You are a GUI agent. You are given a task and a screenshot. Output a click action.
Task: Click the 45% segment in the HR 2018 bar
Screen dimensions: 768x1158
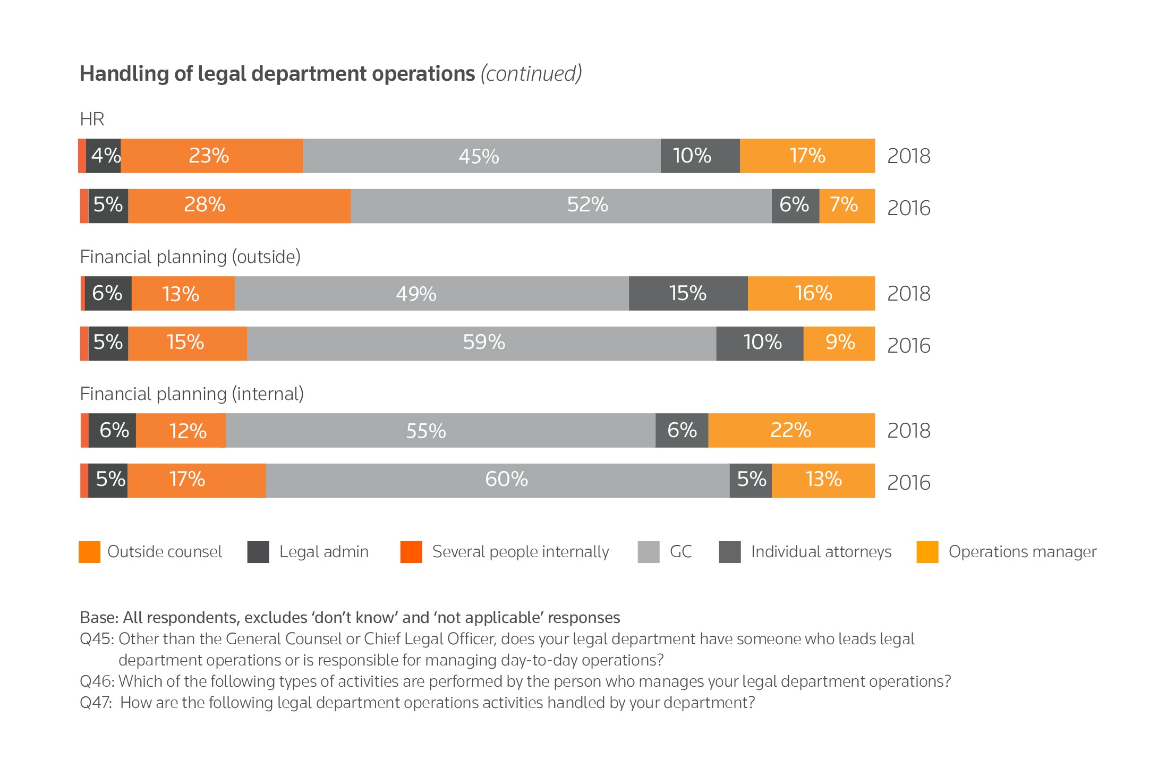[x=481, y=156]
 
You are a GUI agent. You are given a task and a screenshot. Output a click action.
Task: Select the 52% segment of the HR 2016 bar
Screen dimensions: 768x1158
[x=561, y=206]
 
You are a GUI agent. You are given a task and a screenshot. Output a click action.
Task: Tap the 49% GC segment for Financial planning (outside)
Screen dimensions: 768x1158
[x=431, y=293]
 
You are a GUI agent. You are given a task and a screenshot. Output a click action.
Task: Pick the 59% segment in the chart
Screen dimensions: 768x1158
[x=481, y=344]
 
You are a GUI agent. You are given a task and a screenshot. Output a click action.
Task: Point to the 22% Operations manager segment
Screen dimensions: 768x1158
[x=791, y=430]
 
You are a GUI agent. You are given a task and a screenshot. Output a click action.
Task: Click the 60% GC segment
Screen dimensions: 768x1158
[x=498, y=481]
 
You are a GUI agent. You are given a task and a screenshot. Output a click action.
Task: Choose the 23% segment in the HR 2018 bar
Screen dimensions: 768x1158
[x=211, y=156]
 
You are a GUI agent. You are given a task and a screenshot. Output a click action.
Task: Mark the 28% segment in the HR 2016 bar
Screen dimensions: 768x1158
[x=239, y=206]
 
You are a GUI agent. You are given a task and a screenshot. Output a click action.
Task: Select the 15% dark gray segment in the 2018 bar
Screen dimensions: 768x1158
[x=688, y=293]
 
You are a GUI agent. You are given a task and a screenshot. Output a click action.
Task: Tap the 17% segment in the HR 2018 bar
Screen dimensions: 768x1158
[x=807, y=156]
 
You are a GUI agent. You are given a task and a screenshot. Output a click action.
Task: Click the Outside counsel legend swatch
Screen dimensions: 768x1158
[x=89, y=552]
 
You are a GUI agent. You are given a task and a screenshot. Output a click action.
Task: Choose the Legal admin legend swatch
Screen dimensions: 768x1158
[x=258, y=552]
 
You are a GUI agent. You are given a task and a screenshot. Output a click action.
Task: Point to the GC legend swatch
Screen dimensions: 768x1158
[x=648, y=552]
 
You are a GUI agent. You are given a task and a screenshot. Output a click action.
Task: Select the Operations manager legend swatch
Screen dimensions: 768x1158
[x=927, y=552]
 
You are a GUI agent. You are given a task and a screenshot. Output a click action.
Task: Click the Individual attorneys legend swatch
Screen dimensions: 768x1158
[x=729, y=552]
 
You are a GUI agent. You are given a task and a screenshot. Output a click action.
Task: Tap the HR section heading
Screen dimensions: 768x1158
[x=92, y=119]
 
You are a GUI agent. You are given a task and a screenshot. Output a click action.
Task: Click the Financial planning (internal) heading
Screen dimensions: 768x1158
[x=192, y=394]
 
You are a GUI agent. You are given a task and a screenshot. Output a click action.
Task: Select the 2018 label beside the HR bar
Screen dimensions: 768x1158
[x=908, y=156]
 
